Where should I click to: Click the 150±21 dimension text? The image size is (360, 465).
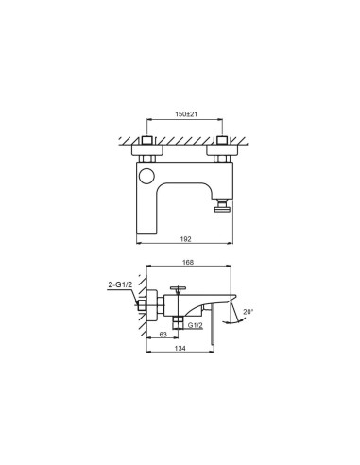(186, 114)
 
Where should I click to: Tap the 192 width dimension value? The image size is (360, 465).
(186, 239)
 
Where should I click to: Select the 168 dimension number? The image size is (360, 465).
(188, 262)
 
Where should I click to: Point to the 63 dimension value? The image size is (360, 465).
(163, 335)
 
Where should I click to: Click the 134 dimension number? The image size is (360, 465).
(180, 348)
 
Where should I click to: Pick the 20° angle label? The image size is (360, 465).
(249, 312)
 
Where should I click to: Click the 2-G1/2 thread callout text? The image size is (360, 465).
(120, 284)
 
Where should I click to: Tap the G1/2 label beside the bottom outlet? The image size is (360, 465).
(195, 325)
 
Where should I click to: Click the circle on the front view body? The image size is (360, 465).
(146, 176)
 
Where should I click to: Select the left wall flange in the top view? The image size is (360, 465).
(147, 150)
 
